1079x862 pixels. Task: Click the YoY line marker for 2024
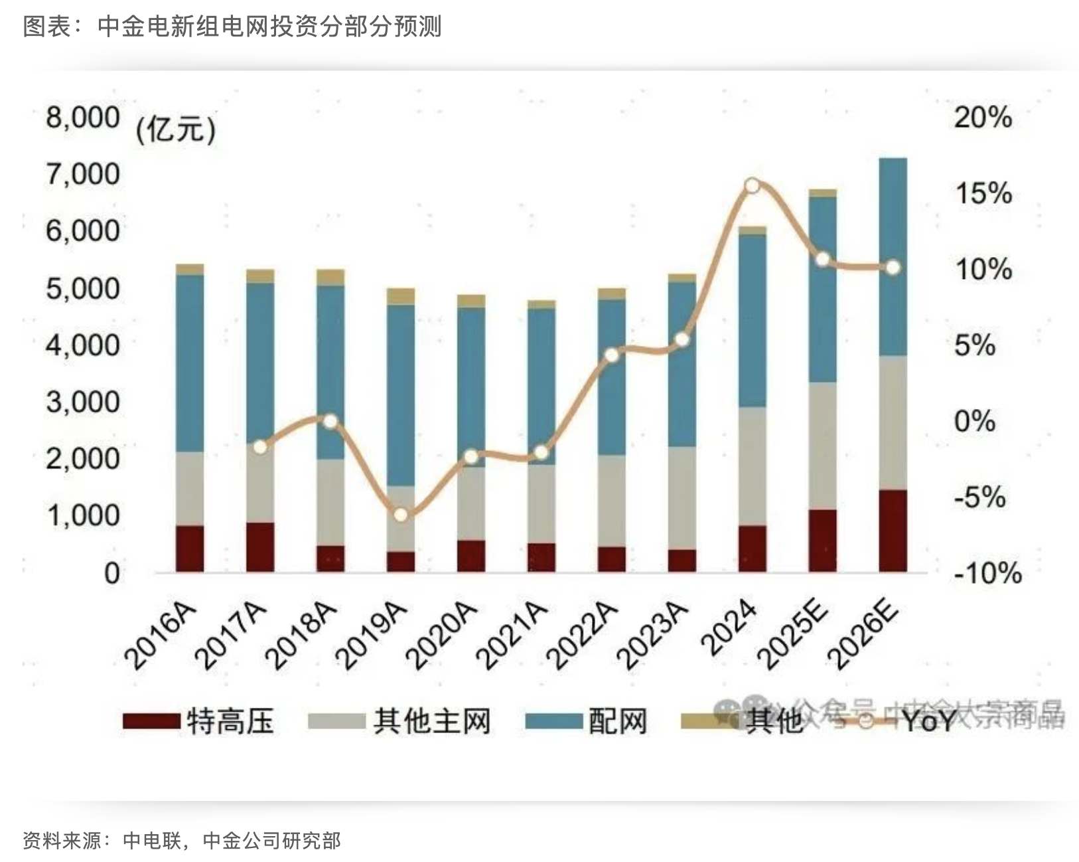752,186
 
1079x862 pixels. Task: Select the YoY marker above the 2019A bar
400,515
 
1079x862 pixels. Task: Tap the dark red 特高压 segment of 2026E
893,531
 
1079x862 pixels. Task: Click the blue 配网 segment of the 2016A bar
190,363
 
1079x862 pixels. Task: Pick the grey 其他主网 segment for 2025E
822,446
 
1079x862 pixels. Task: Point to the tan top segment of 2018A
330,277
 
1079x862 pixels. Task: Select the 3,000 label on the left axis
82,402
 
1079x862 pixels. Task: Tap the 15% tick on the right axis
983,193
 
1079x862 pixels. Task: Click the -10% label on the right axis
987,572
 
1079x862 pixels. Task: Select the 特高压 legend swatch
151,721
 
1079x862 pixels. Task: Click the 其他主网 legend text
432,721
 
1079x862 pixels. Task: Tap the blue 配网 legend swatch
553,721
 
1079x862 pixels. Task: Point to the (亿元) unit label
176,129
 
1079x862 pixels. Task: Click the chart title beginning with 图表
232,27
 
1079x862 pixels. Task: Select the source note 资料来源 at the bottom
181,840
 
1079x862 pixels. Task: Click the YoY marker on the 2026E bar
893,268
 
